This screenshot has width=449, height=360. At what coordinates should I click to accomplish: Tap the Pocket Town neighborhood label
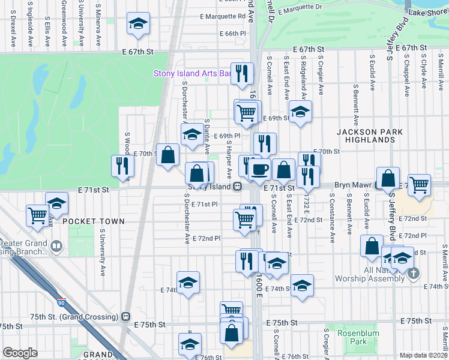pos(94,221)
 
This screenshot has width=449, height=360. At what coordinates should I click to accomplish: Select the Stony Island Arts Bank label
pos(193,74)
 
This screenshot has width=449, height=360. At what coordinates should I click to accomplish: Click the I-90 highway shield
pos(62,304)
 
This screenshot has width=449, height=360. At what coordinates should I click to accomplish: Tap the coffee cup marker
pos(259,170)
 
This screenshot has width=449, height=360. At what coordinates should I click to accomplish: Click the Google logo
pos(20,353)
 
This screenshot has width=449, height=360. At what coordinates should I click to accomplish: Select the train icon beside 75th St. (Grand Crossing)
pos(125,317)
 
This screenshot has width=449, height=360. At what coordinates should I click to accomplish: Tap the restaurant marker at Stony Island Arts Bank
pos(242,73)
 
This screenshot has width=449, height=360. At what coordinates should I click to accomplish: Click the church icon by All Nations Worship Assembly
pos(412,274)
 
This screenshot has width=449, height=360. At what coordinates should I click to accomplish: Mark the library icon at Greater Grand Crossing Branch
pos(56,246)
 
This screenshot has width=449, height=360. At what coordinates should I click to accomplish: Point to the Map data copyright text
pos(423,355)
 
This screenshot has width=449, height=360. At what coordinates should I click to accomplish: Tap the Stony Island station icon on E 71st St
pos(238,187)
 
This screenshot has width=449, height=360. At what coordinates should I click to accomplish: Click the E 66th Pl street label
pos(233,34)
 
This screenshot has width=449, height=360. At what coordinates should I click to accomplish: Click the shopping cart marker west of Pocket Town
pos(38,214)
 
